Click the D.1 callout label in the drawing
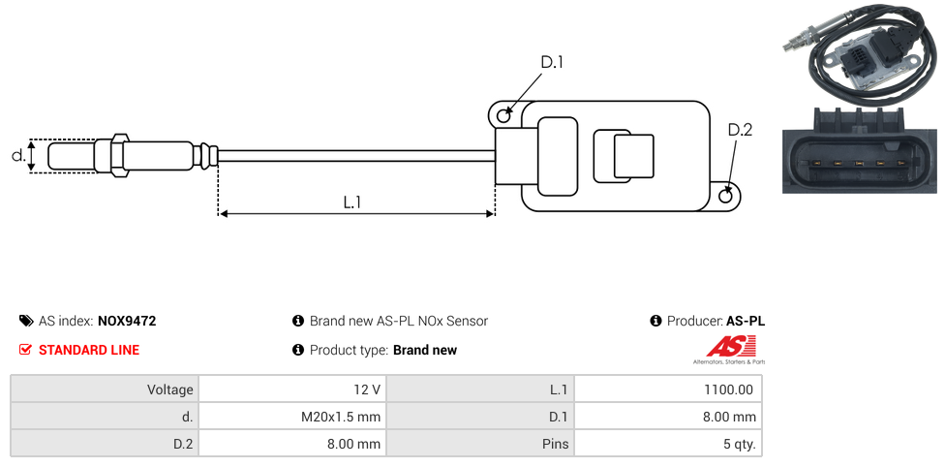click(x=551, y=63)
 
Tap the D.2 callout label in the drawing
click(x=739, y=130)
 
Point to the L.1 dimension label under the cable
click(x=352, y=202)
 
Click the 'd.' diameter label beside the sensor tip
click(x=17, y=155)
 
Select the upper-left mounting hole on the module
click(x=503, y=116)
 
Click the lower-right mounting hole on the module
click(x=727, y=196)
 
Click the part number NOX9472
click(x=127, y=321)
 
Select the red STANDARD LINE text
click(x=89, y=350)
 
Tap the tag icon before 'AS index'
click(x=26, y=321)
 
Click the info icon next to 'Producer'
click(x=655, y=321)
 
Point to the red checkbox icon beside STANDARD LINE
click(x=26, y=350)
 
